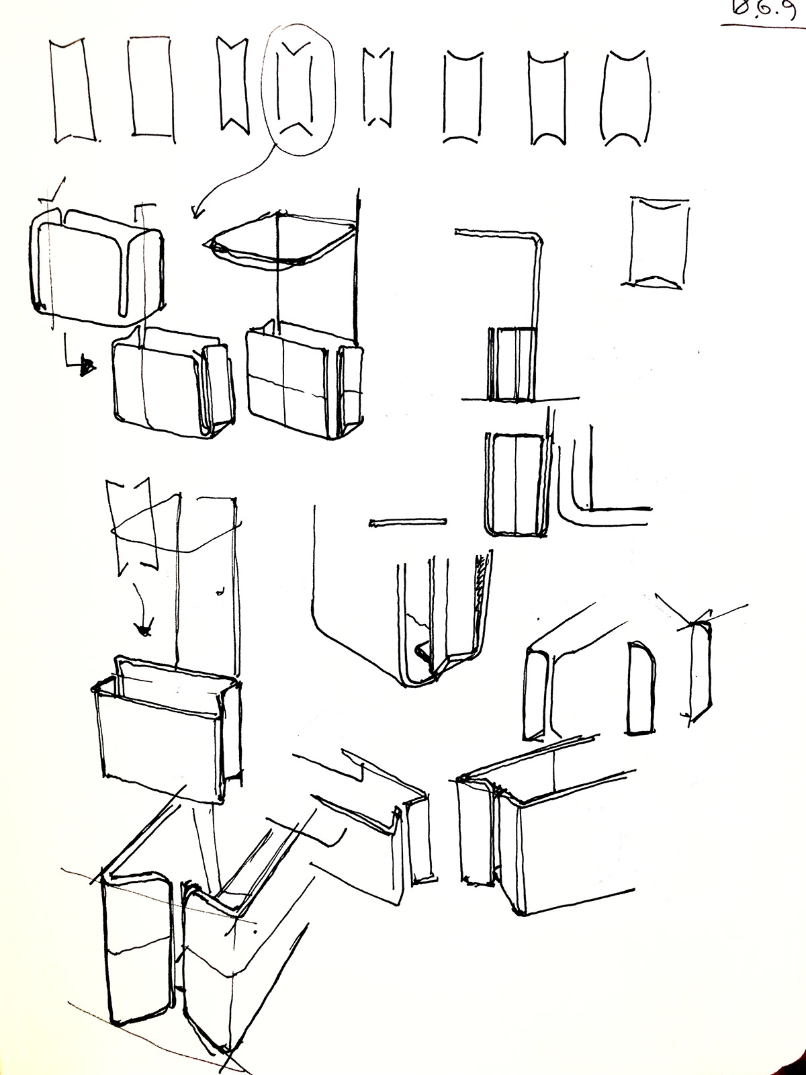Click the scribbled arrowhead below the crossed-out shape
[142, 630]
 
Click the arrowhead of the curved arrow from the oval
[195, 214]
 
